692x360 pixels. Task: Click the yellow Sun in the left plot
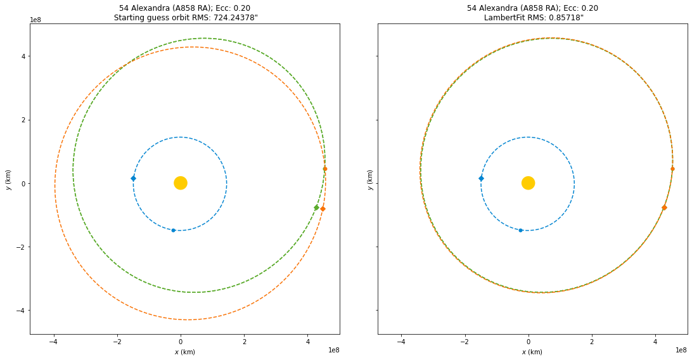(x=181, y=183)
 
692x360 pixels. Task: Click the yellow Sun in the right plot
(x=528, y=183)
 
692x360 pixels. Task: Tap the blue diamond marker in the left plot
(x=133, y=179)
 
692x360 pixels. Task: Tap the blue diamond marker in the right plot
(x=481, y=179)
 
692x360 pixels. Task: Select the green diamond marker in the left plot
(x=316, y=208)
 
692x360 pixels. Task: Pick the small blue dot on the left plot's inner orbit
(x=173, y=230)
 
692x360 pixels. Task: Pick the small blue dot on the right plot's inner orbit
(x=521, y=230)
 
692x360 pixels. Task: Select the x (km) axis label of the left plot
(x=184, y=352)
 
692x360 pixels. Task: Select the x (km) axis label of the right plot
(x=532, y=352)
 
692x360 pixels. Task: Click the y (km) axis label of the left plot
(x=8, y=179)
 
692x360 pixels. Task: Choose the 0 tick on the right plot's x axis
(x=528, y=342)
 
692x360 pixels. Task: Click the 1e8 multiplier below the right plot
(x=681, y=350)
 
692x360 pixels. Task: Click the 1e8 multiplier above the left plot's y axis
(x=36, y=20)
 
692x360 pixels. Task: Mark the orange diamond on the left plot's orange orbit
(x=323, y=209)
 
